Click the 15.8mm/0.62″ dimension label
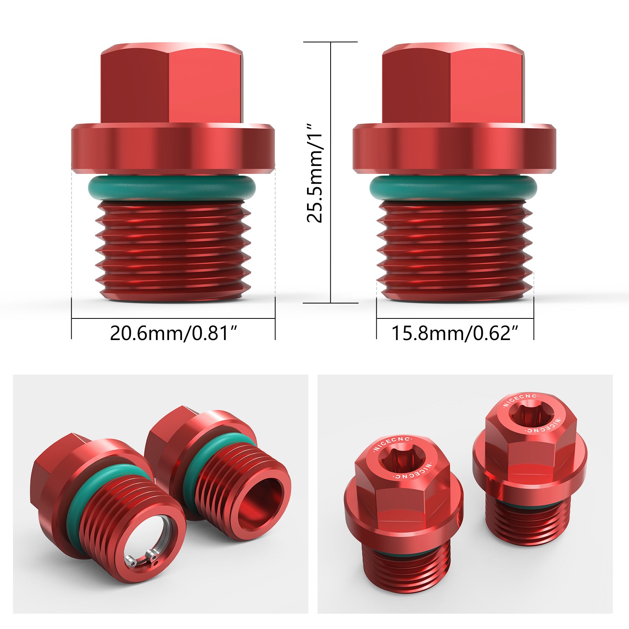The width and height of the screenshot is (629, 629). (455, 333)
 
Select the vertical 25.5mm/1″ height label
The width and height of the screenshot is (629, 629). (315, 173)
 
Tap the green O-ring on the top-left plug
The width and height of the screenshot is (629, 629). (172, 188)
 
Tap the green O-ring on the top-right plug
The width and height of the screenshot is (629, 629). (453, 188)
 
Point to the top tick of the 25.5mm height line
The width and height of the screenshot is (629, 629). (331, 42)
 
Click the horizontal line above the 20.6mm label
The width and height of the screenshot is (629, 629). (173, 318)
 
